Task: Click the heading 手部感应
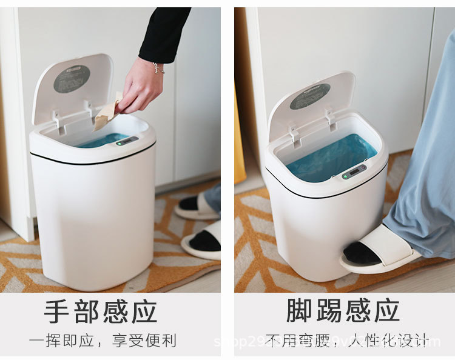(x=101, y=312)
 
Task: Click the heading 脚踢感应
(x=343, y=310)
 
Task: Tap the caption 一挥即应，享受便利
(x=103, y=341)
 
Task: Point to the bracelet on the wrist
(x=158, y=67)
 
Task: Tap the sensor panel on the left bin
(x=127, y=141)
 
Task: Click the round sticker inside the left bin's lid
(x=72, y=79)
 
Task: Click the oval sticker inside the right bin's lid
(x=309, y=96)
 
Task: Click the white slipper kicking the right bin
(x=379, y=249)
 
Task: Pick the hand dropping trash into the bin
(x=141, y=87)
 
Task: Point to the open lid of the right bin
(x=311, y=104)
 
